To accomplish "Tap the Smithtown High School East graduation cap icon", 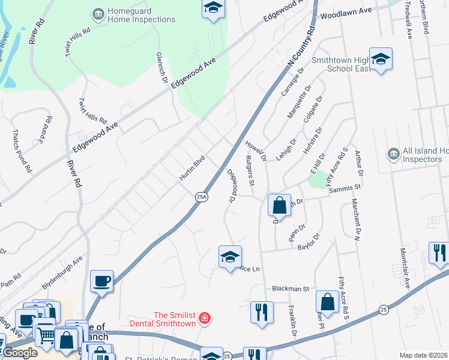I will [x=381, y=59].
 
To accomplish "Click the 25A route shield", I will [x=202, y=196].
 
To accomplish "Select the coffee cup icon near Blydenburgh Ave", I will [x=101, y=280].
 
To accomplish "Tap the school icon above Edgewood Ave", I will [x=212, y=8].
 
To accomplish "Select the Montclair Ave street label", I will [x=403, y=268].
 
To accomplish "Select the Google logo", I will [x=19, y=352].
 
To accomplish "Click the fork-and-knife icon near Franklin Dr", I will [x=261, y=312].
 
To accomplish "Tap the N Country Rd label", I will [x=301, y=46].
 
